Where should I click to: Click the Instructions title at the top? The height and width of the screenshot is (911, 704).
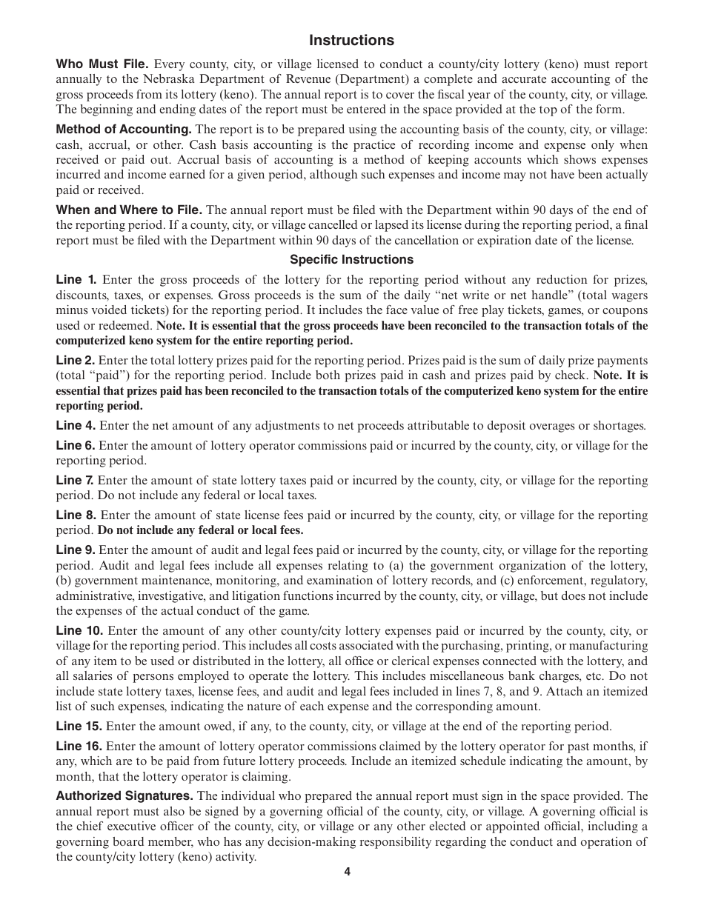tap(351, 40)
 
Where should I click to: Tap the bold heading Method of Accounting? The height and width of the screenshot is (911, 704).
tap(124, 130)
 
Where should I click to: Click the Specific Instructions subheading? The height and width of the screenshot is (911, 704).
tap(351, 260)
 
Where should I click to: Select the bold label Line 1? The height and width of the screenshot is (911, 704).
tap(76, 280)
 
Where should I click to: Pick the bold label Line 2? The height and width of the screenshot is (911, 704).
tap(76, 361)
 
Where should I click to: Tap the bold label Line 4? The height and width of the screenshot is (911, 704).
tap(76, 426)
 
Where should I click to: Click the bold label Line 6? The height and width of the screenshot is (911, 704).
tap(76, 446)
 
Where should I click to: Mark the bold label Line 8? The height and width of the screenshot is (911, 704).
tap(76, 515)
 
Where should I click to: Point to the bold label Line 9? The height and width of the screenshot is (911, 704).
tap(76, 550)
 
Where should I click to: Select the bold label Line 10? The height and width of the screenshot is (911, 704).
tap(79, 631)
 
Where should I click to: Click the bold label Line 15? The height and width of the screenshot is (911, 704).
tap(79, 727)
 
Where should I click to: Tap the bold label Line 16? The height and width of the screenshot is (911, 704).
tap(79, 747)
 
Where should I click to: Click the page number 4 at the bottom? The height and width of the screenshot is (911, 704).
tap(347, 872)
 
